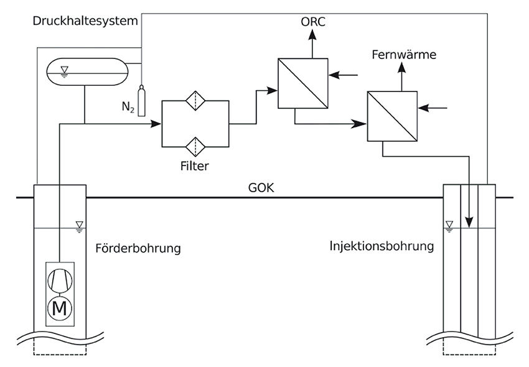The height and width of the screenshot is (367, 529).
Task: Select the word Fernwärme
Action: [403, 55]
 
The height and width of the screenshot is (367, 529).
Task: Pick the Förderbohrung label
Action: [138, 249]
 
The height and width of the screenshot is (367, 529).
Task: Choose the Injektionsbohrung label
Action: [381, 246]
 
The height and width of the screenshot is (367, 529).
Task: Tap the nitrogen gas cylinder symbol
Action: [141, 102]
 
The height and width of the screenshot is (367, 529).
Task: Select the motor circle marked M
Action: [60, 307]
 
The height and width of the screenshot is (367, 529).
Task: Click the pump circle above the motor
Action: [60, 281]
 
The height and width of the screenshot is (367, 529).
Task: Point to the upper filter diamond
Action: [195, 102]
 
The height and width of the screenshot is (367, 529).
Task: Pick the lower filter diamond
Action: [195, 146]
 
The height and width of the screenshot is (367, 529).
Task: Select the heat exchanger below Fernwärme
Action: [391, 117]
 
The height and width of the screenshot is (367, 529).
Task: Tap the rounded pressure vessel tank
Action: [87, 72]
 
